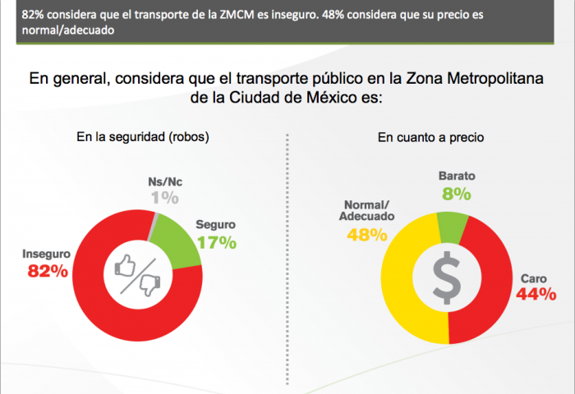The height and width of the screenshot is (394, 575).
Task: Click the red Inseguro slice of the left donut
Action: point(123,316)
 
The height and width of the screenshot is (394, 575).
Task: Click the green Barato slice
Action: point(453,225)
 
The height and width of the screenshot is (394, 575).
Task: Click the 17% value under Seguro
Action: point(216,242)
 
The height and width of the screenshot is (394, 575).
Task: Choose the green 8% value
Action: point(457,194)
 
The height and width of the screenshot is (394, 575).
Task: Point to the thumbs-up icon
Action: point(125,264)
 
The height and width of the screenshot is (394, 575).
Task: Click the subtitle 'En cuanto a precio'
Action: point(430,137)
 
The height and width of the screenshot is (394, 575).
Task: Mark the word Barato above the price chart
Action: point(458,176)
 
